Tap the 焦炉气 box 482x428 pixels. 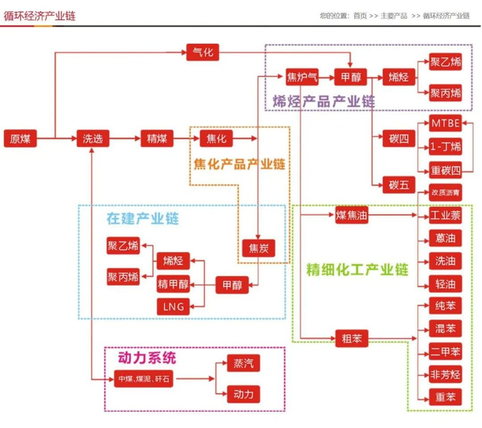(x=302, y=77)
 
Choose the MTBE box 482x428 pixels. (x=446, y=124)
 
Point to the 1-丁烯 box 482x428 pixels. (x=446, y=147)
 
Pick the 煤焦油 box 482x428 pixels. (x=352, y=215)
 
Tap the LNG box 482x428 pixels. (x=171, y=306)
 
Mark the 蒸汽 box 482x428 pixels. (x=244, y=363)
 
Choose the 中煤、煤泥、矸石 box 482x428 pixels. (x=144, y=378)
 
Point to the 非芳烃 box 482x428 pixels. (x=446, y=374)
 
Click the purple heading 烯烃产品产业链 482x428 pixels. (x=324, y=101)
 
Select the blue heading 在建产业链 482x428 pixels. (x=142, y=219)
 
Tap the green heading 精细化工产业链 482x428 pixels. (x=357, y=268)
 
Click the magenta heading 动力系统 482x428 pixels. (x=147, y=358)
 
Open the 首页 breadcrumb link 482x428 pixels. (x=360, y=15)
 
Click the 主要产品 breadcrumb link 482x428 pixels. (x=394, y=15)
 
